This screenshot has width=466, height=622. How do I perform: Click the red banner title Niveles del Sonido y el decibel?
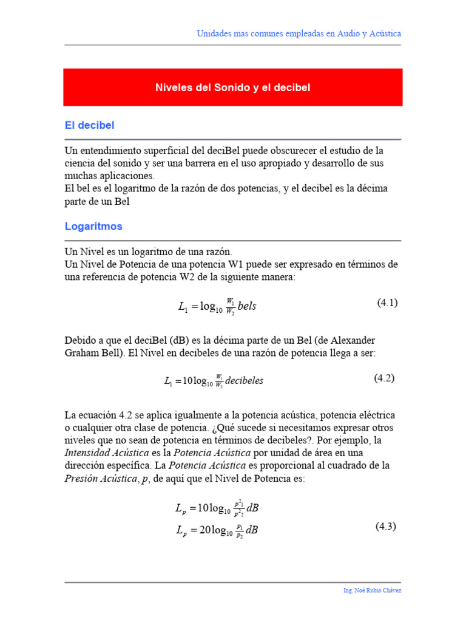coord(233,88)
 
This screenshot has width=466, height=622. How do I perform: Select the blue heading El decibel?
coord(90,125)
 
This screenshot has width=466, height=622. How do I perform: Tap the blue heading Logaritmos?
coord(93,227)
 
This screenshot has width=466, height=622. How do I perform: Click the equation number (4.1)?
coord(387,302)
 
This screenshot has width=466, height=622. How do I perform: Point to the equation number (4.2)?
coord(383,378)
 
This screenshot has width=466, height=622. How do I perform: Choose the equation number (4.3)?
coord(385,526)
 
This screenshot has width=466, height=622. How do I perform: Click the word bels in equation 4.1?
coord(247,306)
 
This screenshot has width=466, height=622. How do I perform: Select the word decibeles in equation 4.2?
coord(244,381)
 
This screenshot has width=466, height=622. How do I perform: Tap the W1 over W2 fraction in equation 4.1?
coord(230,306)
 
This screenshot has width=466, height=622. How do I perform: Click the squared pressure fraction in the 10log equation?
coord(240,508)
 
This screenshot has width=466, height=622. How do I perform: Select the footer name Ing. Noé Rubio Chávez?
coord(372,590)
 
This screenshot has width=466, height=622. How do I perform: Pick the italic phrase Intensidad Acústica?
coord(104,453)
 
